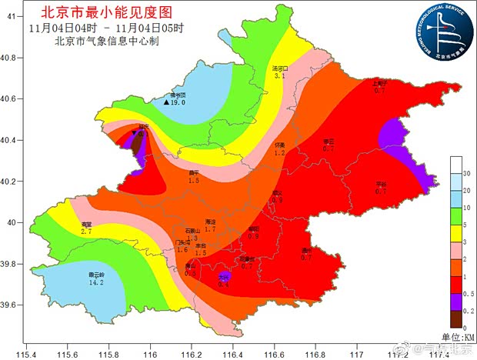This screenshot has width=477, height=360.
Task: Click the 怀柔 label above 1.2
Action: [279, 145]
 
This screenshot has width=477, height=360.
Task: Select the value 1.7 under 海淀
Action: [209, 229]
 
